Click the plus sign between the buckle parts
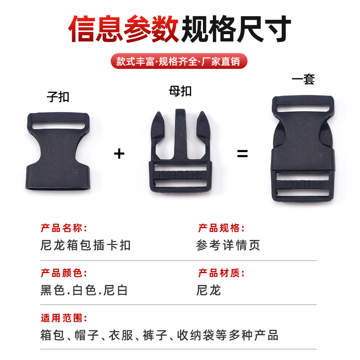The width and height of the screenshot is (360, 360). tap(119, 153)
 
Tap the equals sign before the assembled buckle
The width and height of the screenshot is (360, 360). tap(242, 153)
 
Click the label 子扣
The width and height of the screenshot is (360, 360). tap(58, 97)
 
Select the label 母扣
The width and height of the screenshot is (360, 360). tap(180, 91)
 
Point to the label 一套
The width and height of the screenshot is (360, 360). tap(303, 80)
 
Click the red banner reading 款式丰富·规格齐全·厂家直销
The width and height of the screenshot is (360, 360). tap(179, 61)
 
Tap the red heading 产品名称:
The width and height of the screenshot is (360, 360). tap(64, 228)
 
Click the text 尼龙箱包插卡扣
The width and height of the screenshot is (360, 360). tap(85, 245)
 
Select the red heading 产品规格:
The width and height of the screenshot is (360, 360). tap(221, 228)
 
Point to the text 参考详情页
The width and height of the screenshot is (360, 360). tap(228, 245)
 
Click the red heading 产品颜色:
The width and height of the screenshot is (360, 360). tap(64, 273)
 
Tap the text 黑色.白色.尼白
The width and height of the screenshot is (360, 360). tap(84, 290)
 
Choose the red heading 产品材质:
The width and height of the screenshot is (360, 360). tap(221, 273)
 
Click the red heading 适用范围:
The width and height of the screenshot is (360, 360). tap(64, 318)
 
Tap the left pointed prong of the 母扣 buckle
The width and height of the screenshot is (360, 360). tap(157, 125)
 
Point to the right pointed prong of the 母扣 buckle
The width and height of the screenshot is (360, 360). tap(203, 125)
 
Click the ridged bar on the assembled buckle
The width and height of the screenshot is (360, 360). tap(303, 184)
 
